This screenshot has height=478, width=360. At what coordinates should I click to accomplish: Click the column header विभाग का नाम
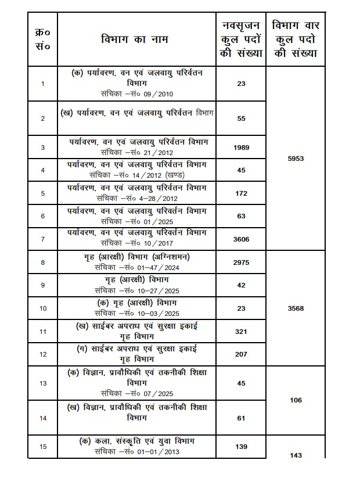[137, 41]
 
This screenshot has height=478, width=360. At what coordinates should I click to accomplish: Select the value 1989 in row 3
[242, 148]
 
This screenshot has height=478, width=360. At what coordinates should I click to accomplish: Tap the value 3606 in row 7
[242, 238]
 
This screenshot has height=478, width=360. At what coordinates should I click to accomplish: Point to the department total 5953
[296, 159]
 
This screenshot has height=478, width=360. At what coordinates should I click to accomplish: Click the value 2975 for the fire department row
[242, 263]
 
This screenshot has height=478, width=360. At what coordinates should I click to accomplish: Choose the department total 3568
[296, 308]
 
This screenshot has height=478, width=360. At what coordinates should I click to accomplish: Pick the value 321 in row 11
[242, 332]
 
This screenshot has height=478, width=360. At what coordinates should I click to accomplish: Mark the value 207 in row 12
[242, 354]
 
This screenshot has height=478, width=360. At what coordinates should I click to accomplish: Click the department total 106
[296, 400]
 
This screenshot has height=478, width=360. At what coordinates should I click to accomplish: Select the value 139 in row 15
[242, 447]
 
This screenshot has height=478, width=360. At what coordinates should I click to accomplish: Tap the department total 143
[296, 456]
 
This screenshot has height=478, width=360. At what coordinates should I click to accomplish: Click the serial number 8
[43, 263]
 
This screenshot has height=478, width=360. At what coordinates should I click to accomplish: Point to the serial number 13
[43, 383]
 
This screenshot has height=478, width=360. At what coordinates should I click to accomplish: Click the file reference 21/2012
[159, 152]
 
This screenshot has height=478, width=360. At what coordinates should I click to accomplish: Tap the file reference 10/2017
[159, 243]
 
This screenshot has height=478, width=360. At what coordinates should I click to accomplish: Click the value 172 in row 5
[242, 192]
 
